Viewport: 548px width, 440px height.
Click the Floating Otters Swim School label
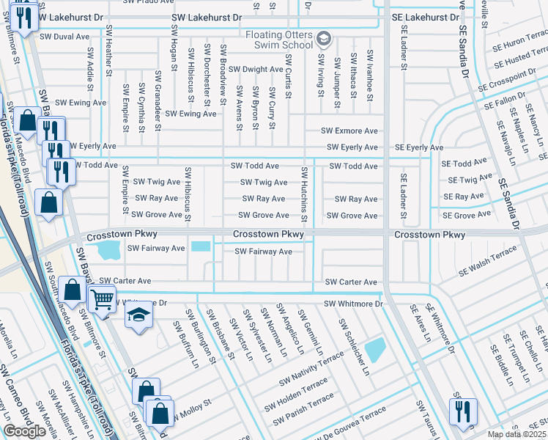[x=279, y=41]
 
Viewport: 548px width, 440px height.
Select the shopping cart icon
[x=102, y=298]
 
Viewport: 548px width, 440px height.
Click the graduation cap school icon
[x=138, y=315]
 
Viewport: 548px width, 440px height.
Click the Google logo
[x=24, y=431]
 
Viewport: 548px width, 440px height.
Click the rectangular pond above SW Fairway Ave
[x=199, y=246]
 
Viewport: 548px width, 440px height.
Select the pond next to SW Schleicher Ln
[x=374, y=349]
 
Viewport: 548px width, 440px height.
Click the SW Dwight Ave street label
[x=256, y=70]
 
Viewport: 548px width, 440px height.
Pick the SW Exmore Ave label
[x=349, y=131]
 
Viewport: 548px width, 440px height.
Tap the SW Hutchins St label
[x=303, y=195]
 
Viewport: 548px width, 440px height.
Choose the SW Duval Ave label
[x=64, y=36]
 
